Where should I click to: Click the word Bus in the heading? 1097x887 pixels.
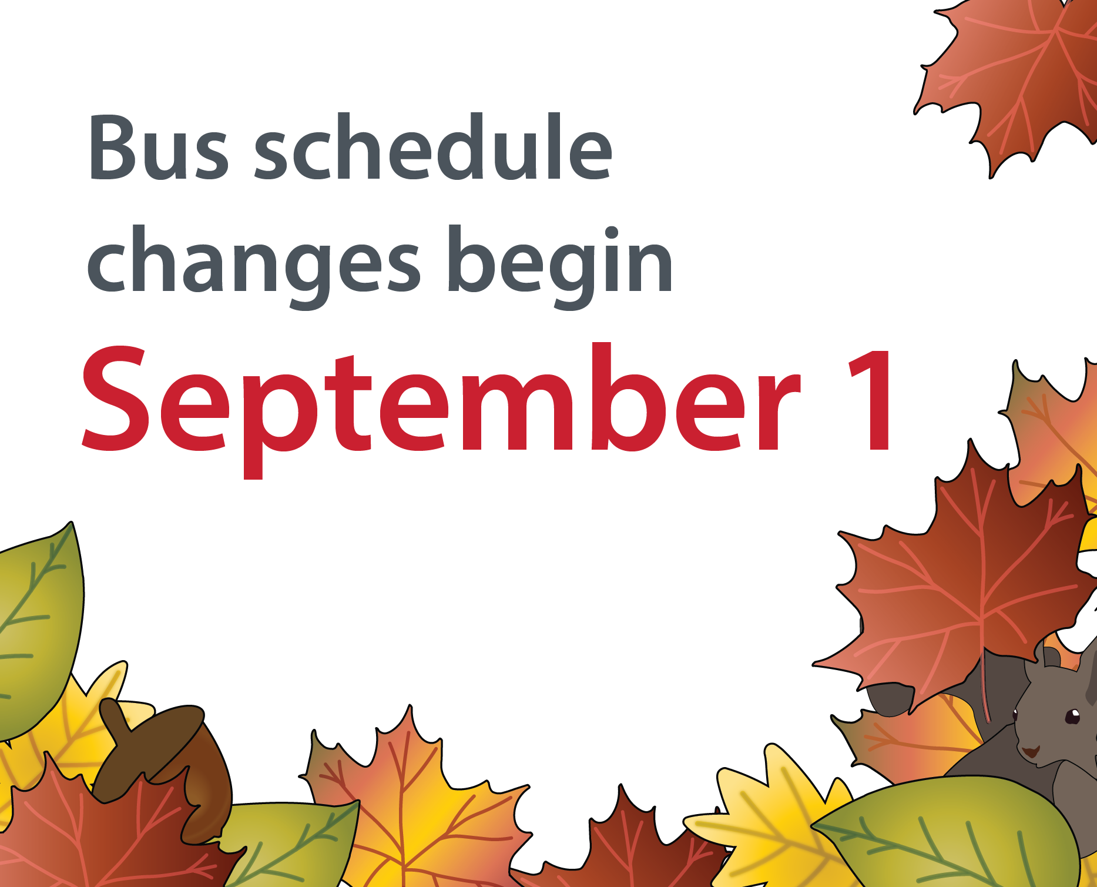(158, 147)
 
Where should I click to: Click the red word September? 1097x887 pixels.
(441, 406)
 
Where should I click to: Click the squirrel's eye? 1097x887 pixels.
(1072, 716)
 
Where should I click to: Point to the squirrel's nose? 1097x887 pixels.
(1030, 752)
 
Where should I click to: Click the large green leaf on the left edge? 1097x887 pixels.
(38, 629)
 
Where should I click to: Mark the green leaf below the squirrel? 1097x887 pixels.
(952, 835)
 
